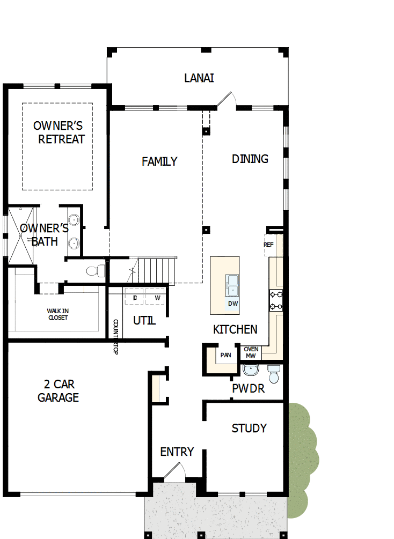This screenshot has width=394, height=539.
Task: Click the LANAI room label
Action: (199, 78)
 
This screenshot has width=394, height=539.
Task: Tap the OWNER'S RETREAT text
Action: (59, 132)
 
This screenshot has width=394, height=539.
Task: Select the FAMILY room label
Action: (159, 161)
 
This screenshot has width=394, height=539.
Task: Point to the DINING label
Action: (250, 159)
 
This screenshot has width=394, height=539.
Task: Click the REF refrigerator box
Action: (269, 245)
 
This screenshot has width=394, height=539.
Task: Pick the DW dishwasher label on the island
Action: (232, 304)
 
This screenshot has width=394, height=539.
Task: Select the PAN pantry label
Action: (225, 355)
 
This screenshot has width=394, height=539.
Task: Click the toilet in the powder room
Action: (274, 374)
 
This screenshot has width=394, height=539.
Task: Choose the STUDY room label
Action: (249, 428)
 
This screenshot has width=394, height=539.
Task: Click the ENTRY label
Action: (177, 452)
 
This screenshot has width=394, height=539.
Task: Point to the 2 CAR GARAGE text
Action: (59, 391)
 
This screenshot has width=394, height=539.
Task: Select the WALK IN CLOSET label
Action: (57, 314)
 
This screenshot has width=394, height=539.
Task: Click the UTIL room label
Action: (144, 321)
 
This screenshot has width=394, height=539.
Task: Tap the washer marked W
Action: (157, 298)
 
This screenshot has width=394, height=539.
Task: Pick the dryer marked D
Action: (135, 298)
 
